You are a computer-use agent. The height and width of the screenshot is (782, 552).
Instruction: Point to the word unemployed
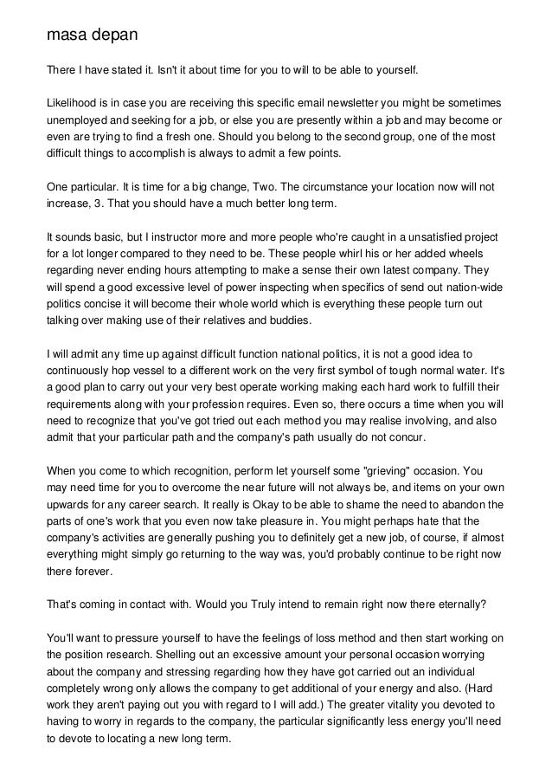click(x=80, y=120)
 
